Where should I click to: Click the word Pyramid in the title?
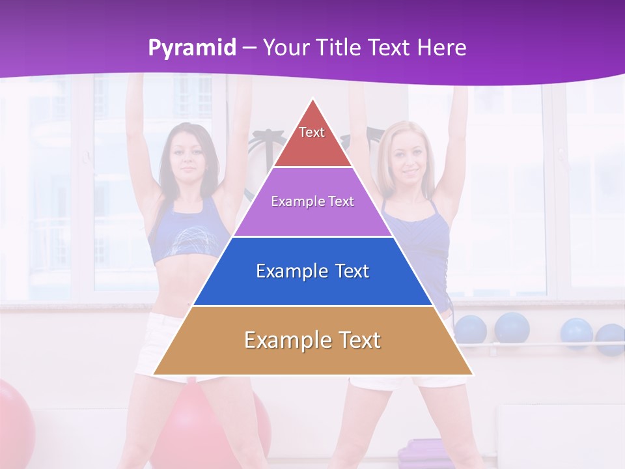point(191,48)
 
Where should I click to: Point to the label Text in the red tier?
point(312,132)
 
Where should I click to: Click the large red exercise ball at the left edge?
point(13,417)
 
